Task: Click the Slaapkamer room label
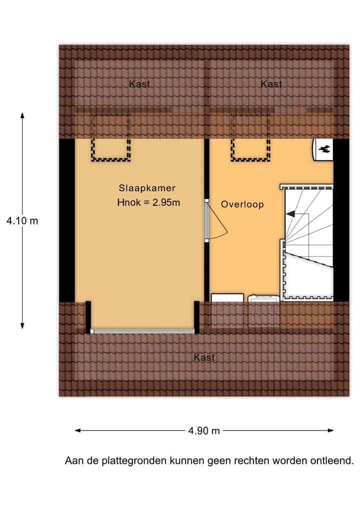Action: point(147,188)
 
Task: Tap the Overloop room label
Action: point(242,204)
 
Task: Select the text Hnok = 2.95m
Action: point(148,202)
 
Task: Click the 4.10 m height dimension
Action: point(22,221)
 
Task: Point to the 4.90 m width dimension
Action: point(204,431)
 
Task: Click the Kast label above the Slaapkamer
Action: point(139,84)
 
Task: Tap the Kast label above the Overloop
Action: point(271,84)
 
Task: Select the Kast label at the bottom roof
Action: point(204,357)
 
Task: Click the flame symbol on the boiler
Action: point(324,149)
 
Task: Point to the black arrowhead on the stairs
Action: point(290,214)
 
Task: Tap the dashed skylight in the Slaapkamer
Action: point(110,138)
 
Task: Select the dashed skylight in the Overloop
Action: point(250,138)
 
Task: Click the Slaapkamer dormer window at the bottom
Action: point(142,331)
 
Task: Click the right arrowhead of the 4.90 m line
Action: point(331,431)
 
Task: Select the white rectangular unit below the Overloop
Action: point(227,297)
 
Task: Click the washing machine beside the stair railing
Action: point(263,298)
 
